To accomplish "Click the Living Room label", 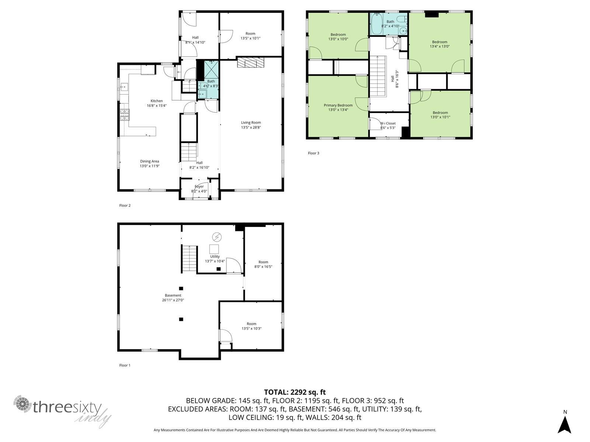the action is click(250, 123).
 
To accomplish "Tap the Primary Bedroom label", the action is click(338, 105).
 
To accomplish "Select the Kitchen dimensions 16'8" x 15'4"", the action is click(156, 105).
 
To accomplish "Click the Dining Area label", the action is click(149, 161).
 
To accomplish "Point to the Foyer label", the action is click(199, 186).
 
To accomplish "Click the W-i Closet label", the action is click(388, 123).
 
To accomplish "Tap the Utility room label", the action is click(215, 257).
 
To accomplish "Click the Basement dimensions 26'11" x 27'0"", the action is click(173, 300).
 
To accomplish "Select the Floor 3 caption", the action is click(313, 153).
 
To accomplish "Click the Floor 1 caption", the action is click(125, 365).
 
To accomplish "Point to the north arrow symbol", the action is click(564, 424).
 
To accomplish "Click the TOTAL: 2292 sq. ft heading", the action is click(295, 392).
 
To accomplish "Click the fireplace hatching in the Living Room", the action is click(250, 62).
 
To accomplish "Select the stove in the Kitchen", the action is click(124, 115).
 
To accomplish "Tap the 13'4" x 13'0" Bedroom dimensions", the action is click(440, 46).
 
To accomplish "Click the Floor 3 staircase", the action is click(378, 77).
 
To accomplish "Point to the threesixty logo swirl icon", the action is click(22, 404).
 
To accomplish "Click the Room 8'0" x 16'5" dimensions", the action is click(263, 266).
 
